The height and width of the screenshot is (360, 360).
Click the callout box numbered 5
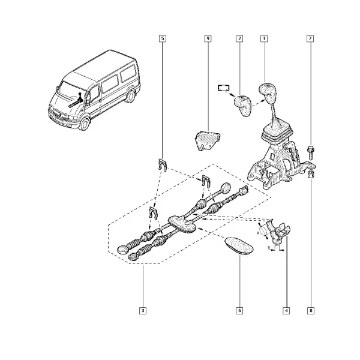[x=163, y=38]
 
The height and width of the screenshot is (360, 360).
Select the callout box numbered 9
[x=208, y=38]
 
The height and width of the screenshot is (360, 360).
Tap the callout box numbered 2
[x=239, y=38]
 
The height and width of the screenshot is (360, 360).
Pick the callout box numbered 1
[x=264, y=38]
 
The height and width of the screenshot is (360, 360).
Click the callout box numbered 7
[x=310, y=38]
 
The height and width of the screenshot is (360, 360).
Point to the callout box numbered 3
[x=143, y=311]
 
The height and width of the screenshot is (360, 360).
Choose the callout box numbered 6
[x=239, y=311]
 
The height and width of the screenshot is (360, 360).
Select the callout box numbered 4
[x=286, y=311]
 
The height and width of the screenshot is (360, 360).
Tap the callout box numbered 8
[x=311, y=311]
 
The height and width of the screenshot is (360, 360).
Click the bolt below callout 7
[x=311, y=153]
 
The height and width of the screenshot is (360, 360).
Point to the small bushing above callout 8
[x=311, y=175]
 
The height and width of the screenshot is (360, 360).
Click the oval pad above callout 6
[x=239, y=247]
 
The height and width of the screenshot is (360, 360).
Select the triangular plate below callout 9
[x=207, y=140]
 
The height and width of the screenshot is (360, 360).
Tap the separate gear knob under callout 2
[x=242, y=106]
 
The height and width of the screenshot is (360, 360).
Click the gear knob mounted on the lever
[x=268, y=93]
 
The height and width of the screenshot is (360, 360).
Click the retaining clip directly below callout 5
[x=163, y=164]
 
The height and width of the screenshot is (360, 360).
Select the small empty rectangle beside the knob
[x=224, y=88]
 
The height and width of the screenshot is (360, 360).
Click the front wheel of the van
[x=84, y=123]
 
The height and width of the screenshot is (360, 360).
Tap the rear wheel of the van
[x=131, y=96]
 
